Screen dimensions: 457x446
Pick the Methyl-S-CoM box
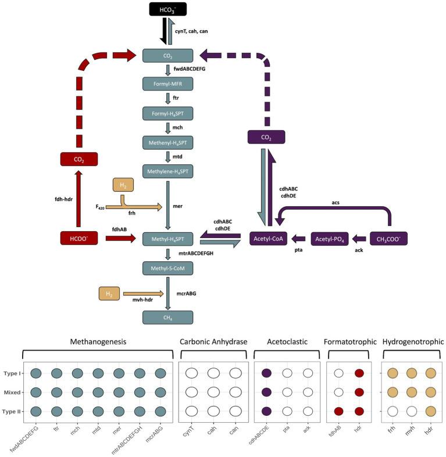pyautogui.click(x=168, y=268)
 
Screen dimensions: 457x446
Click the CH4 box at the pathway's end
pyautogui.click(x=168, y=317)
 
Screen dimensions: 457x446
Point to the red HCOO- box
pyautogui.click(x=78, y=238)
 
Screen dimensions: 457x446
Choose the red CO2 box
pyautogui.click(x=78, y=159)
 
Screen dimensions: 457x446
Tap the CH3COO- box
pyautogui.click(x=389, y=239)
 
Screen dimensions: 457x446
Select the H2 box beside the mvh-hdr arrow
pyautogui.click(x=109, y=294)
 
